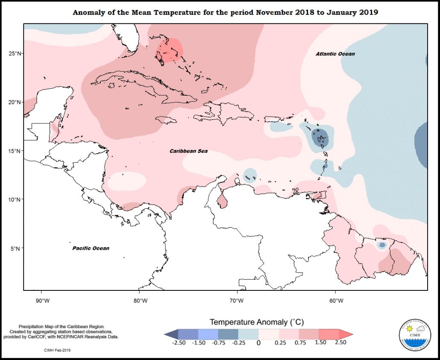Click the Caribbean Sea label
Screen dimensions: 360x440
[188, 151]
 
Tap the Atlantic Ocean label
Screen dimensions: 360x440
[335, 54]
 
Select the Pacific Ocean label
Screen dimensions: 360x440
[90, 248]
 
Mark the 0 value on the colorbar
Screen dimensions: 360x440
[258, 342]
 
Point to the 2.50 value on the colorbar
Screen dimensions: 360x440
[341, 342]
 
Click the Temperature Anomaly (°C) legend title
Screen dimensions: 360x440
[256, 322]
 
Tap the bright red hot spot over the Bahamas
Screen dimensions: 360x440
[169, 51]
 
